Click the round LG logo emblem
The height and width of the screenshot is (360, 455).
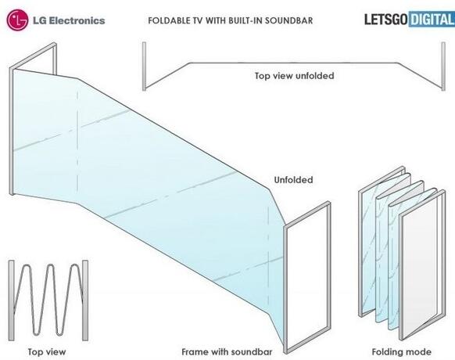click(17, 20)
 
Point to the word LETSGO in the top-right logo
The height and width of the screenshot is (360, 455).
click(385, 20)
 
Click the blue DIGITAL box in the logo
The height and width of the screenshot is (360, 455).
click(432, 20)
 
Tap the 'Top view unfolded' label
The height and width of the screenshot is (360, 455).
click(294, 76)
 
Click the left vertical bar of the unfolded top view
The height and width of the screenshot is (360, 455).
click(144, 67)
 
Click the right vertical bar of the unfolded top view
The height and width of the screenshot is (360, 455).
click(443, 67)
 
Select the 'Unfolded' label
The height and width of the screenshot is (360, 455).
click(293, 180)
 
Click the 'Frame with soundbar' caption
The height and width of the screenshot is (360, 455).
click(227, 352)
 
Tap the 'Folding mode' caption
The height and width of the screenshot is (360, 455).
click(401, 352)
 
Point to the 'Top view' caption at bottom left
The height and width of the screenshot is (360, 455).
click(47, 352)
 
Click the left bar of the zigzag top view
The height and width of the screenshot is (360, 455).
click(11, 301)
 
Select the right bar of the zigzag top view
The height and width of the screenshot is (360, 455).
click(85, 301)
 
